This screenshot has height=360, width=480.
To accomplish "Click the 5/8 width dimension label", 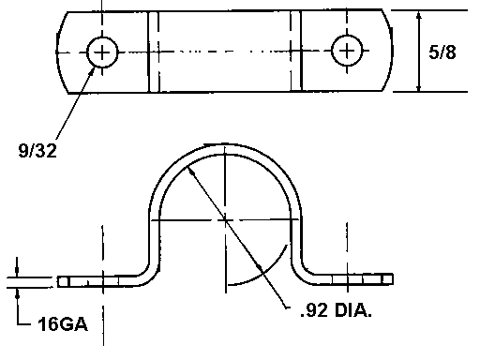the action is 442,52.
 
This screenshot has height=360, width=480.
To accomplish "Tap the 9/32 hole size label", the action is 37,151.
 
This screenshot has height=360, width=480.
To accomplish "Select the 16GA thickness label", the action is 63,324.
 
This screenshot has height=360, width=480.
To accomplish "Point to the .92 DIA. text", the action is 337,310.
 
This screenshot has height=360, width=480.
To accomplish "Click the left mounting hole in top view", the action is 102,52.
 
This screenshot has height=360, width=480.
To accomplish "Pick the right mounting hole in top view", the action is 347,51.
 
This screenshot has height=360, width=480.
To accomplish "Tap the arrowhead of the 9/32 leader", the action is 92,71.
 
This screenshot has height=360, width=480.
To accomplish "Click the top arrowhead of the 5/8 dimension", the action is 419,16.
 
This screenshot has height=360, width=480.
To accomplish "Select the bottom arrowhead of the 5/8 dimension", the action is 419,87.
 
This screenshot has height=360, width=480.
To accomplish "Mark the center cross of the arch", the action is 225,220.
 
